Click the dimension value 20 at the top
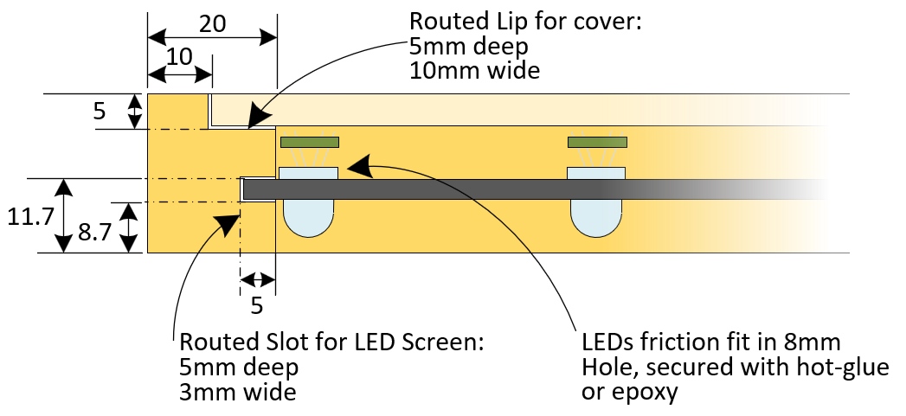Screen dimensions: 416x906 coord(213,23)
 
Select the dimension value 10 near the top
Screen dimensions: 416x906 coord(179,57)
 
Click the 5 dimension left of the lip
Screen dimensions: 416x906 coord(100,112)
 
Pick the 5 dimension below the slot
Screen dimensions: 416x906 coord(257,305)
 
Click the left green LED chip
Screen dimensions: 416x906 coord(309,142)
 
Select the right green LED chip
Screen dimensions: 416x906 coord(598,142)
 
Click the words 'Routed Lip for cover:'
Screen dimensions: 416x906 coord(525,21)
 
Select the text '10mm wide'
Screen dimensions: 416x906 coord(474,70)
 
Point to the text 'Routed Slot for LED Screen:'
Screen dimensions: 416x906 coord(331,342)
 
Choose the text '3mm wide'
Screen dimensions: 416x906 coord(238,392)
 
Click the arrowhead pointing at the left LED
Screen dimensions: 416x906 coord(358,164)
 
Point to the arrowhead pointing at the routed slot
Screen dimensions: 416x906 coord(228,222)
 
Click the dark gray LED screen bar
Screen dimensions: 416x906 coord(433,189)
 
